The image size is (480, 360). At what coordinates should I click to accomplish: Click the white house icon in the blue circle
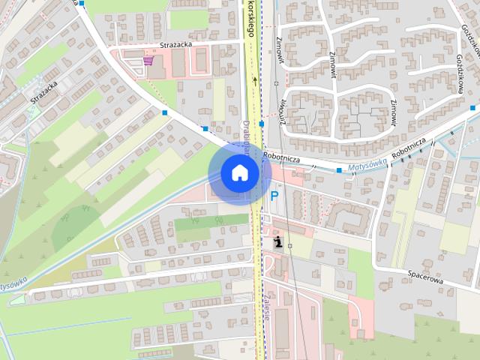[239, 172]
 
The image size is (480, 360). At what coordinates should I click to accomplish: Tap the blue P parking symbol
[274, 196]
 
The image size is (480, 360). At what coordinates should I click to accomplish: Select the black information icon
[279, 242]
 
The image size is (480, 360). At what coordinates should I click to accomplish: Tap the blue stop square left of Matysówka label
[339, 171]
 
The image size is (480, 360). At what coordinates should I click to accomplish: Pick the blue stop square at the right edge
[472, 109]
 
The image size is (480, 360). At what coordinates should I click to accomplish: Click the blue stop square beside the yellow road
[261, 124]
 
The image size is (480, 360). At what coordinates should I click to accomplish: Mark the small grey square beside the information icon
[289, 245]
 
